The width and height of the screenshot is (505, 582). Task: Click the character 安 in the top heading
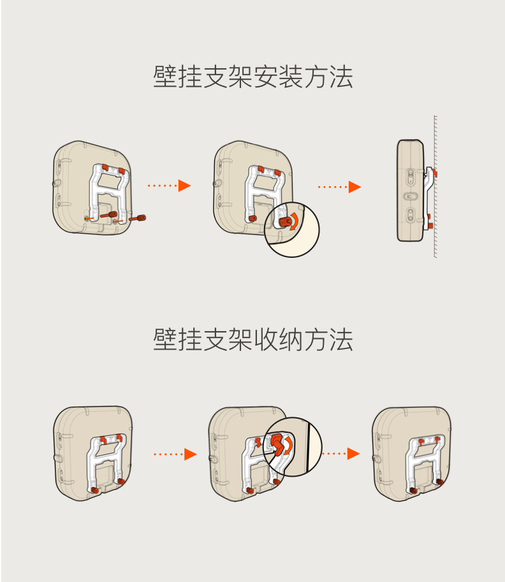(x=266, y=77)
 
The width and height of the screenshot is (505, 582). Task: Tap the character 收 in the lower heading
(x=266, y=339)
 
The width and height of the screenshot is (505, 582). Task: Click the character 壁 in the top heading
(x=165, y=77)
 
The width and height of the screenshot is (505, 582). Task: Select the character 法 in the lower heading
(x=341, y=339)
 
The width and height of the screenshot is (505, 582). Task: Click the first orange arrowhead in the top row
(x=185, y=186)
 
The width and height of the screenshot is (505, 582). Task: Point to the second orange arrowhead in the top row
(x=355, y=187)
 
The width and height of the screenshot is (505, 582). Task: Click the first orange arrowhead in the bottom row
(x=191, y=454)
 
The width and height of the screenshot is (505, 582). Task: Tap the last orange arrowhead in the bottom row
(x=353, y=453)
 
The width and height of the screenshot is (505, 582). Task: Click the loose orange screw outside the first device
(x=138, y=218)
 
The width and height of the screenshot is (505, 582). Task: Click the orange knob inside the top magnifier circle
(x=285, y=222)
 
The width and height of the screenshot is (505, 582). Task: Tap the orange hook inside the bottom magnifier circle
(x=277, y=444)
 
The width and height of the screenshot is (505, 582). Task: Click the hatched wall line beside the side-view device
(x=435, y=186)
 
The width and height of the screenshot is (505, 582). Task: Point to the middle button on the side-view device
(x=409, y=197)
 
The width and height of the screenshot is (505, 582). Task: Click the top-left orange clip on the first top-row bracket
(x=105, y=167)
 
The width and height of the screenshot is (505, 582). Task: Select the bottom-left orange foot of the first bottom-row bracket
(x=94, y=490)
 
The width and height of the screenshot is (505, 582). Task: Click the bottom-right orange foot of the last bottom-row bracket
(x=440, y=482)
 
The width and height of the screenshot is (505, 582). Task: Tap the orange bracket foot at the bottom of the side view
(x=430, y=225)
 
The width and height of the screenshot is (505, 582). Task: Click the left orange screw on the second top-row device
(x=252, y=218)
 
